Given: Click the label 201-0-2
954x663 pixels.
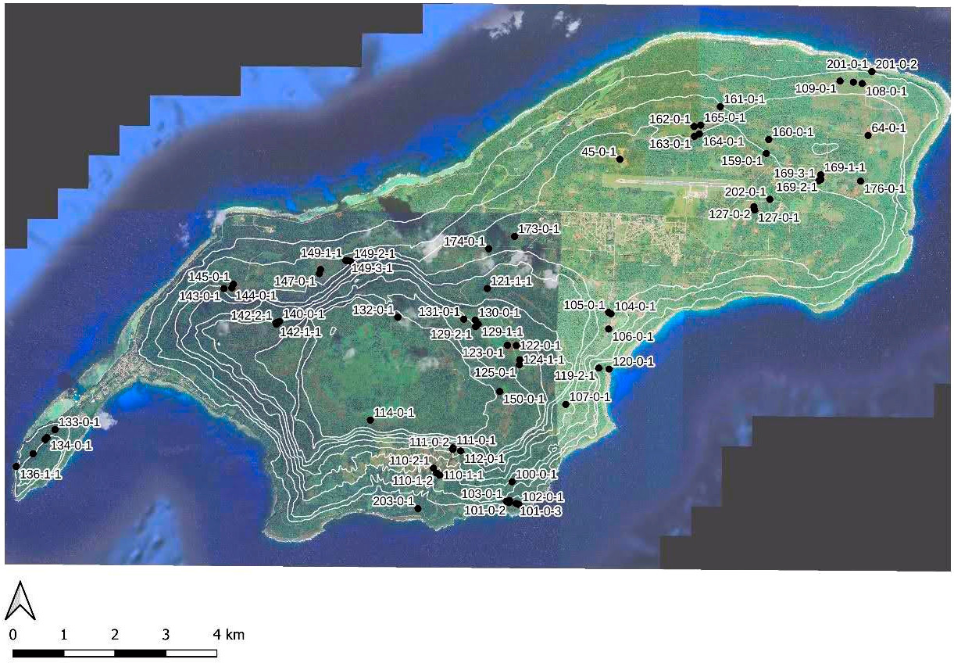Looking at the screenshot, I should point(896,64).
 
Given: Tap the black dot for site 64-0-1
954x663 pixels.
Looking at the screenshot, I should point(868,135).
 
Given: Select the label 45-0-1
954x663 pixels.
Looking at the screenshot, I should point(598,152).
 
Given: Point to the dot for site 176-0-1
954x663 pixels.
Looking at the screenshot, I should point(860,181).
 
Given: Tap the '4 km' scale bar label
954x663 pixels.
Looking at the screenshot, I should point(230,635).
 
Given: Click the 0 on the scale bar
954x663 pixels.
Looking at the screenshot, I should point(14,635).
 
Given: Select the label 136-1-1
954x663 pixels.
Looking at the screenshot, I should point(41,474).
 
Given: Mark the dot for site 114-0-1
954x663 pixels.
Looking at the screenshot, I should point(370,421).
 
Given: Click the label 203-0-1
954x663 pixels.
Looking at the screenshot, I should point(393,500).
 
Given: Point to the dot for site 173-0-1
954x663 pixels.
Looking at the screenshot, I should point(514,236).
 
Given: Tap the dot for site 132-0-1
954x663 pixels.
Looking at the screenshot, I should point(398,317).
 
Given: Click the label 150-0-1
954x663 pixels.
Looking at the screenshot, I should point(523,399).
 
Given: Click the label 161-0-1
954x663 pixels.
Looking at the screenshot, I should point(745,99).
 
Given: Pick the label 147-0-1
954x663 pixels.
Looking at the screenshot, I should point(294,281).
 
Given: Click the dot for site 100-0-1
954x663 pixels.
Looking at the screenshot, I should point(512,482).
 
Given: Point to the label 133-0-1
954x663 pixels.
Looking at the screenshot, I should point(80,422).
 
